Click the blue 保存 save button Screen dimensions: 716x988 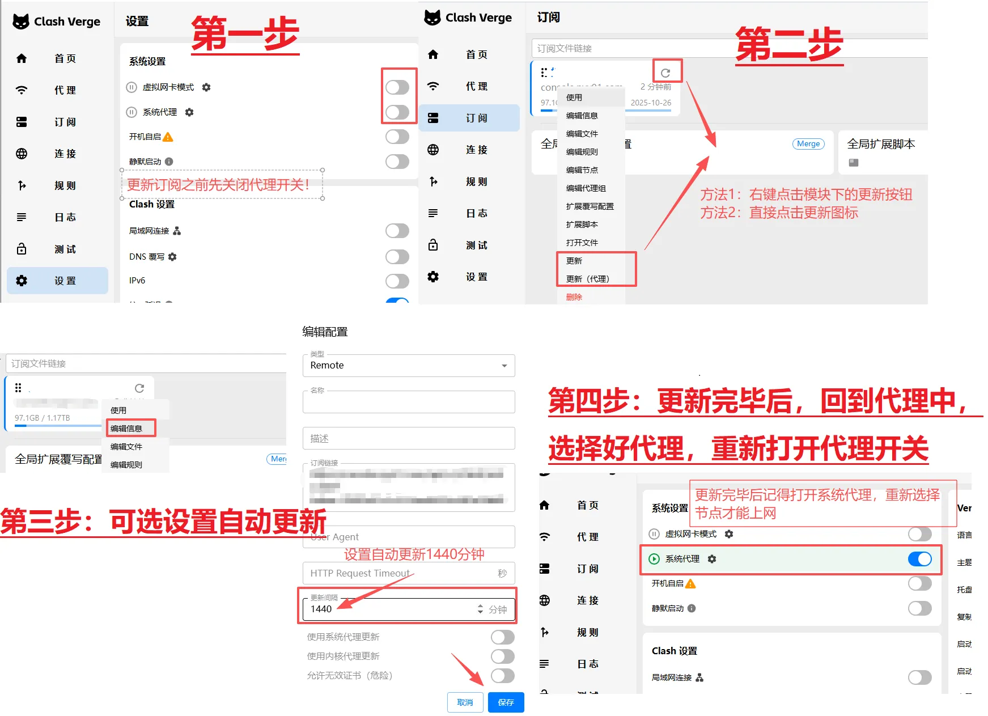pos(506,702)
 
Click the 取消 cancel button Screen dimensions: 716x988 pos(465,702)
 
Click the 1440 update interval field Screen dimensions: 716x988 pos(391,609)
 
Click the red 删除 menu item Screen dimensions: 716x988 pos(574,297)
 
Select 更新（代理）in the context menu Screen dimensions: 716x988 pos(588,279)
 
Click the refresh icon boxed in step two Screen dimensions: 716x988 pos(666,73)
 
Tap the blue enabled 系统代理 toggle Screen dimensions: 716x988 pos(919,559)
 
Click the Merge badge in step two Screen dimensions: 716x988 pos(808,144)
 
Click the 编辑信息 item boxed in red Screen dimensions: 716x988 pos(126,429)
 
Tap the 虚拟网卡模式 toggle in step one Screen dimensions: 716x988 pos(397,87)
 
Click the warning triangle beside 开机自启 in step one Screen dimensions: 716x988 pos(168,137)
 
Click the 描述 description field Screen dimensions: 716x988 pos(409,438)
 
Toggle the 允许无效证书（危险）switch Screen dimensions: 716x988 pos(502,675)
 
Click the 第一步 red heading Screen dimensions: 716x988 pos(245,34)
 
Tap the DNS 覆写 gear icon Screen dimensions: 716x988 pos(172,257)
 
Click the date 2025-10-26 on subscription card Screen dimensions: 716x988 pos(651,103)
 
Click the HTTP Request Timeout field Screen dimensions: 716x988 pos(397,573)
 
